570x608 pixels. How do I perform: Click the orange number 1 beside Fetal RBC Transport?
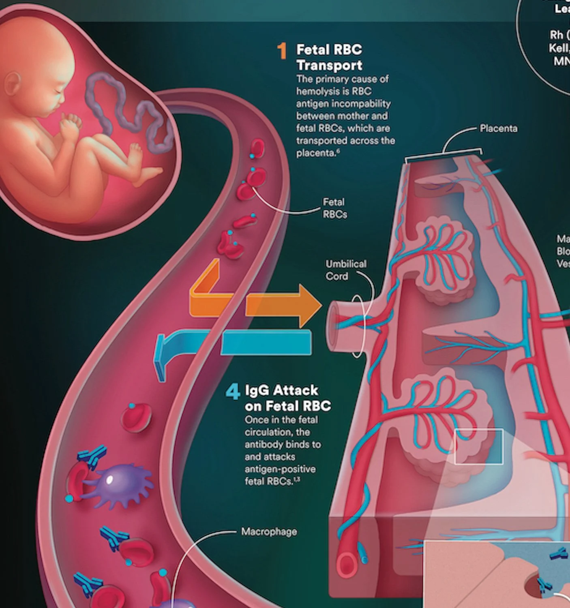pos(282,51)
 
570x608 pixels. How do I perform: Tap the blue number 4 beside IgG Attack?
pos(233,392)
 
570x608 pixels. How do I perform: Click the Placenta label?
pos(498,128)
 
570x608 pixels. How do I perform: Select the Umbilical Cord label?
pos(345,270)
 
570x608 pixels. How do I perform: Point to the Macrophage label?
pos(269,531)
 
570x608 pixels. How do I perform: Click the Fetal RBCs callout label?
pos(334,208)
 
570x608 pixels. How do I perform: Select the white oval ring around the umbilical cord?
pos(357,326)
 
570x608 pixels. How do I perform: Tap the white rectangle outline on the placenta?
pos(478,446)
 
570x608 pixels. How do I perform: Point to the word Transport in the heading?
pos(329,65)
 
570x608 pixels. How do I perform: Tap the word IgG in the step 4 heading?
pos(257,390)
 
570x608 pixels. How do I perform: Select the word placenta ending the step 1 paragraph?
pos(315,153)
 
